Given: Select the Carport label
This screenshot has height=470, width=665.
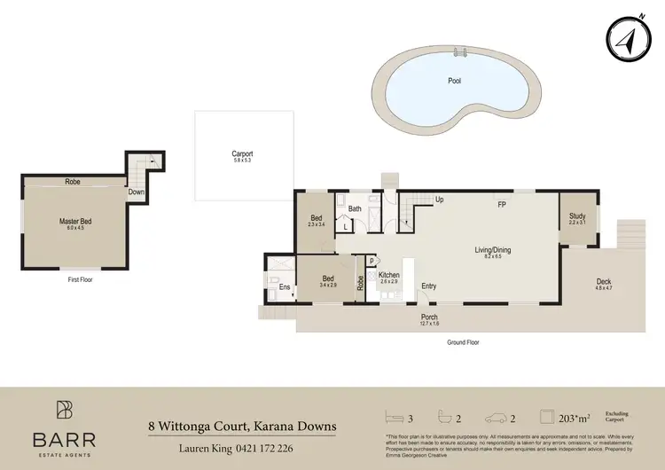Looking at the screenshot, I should point(242,154).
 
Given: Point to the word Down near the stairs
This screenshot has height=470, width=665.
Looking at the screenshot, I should point(136,192).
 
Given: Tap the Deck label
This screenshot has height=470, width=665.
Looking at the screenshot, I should point(604,283).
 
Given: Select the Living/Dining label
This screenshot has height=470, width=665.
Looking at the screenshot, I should point(492,250).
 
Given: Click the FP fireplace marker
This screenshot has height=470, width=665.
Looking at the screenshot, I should point(501,205).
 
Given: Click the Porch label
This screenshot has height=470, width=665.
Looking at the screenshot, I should point(429,317).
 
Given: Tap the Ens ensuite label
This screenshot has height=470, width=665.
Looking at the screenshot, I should point(285,286).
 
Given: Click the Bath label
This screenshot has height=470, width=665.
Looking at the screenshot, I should point(355,209).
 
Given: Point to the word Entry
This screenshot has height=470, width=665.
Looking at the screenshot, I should point(429,286).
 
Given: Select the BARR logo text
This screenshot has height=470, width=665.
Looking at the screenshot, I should point(64,439).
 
